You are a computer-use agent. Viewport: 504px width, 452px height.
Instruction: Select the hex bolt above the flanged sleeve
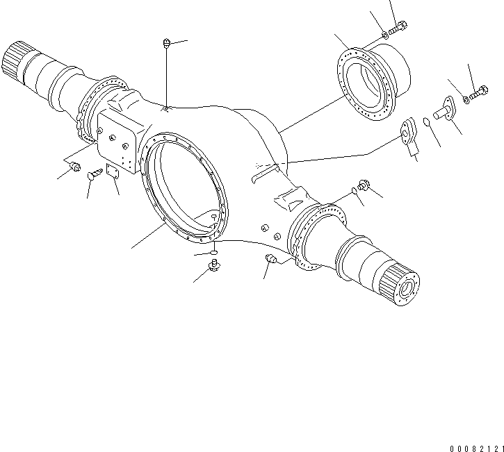point(398,28)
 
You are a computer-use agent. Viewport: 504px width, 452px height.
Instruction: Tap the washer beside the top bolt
point(384,35)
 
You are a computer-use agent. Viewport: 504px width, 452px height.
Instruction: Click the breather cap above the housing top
point(166,44)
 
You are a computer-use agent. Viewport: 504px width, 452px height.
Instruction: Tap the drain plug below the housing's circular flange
point(214,263)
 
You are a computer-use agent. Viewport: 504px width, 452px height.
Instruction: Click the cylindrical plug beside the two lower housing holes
point(271,260)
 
